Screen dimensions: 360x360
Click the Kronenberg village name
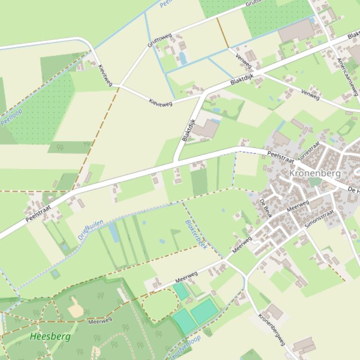315,173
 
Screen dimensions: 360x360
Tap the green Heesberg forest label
50,336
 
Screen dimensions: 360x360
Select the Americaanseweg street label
347,76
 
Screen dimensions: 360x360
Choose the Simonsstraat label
319,218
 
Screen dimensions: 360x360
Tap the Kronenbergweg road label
271,329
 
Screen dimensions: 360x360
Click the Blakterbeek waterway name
196,234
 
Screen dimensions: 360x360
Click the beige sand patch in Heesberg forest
76,309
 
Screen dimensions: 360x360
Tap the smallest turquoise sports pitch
180,292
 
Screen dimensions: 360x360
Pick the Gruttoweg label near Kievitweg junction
159,40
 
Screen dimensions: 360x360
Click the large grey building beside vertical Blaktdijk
206,129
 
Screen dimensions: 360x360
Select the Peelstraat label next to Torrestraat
281,157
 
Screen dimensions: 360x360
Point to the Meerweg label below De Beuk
298,206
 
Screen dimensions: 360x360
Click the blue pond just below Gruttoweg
183,58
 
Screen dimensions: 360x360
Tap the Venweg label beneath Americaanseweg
310,94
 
